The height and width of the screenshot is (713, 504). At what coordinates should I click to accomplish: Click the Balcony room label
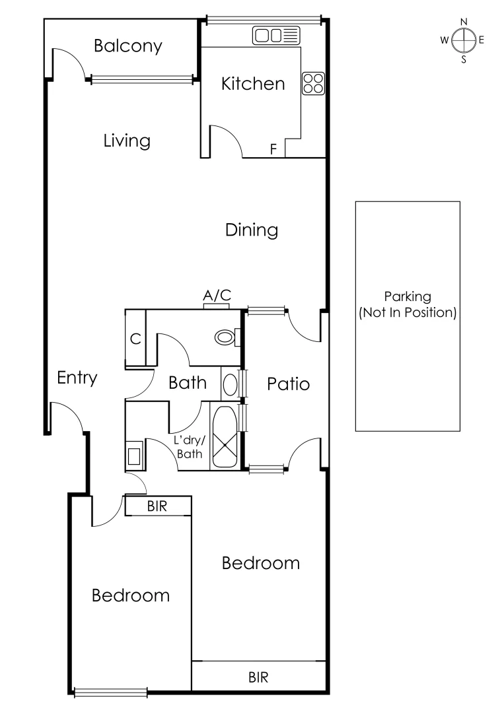tap(127, 46)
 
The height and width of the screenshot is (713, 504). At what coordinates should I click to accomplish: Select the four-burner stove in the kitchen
tap(313, 82)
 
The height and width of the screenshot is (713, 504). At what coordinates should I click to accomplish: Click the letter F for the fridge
tap(273, 149)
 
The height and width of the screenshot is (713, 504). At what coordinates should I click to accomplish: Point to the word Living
tap(127, 141)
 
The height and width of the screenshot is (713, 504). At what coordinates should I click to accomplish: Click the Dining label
tap(251, 230)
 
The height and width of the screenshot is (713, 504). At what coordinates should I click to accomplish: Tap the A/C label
tap(217, 296)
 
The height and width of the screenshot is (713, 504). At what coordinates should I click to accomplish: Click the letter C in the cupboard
tap(135, 339)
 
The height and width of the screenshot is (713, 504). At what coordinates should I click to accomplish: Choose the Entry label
tap(77, 378)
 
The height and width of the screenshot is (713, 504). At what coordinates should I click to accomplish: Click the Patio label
tap(288, 384)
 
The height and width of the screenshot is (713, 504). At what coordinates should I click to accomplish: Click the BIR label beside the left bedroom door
tap(157, 506)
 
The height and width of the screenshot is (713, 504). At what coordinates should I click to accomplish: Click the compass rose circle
tap(464, 40)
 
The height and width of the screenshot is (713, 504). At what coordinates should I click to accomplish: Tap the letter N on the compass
tap(464, 22)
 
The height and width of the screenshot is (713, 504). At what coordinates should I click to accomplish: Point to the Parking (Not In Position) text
tap(408, 305)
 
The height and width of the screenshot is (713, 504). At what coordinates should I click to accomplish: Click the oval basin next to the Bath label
tap(229, 384)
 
